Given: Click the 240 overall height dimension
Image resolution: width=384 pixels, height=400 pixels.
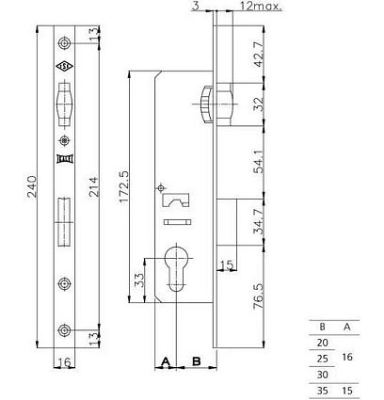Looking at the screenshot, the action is pos(32,186).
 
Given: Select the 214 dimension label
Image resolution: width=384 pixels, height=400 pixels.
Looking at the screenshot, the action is pos(93,187).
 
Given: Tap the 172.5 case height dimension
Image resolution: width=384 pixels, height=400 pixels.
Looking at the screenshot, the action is pos(125,187).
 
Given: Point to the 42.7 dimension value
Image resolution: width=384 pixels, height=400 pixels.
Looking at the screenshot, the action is pos(259,54).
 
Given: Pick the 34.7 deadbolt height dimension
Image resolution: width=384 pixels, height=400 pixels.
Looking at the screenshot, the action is pos(259,221).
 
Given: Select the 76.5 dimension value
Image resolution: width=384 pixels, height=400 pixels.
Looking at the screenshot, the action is pos(259,296).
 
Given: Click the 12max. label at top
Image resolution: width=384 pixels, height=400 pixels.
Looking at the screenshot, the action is pos(261,6).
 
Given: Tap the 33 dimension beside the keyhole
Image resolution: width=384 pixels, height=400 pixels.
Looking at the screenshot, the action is pos(138,280).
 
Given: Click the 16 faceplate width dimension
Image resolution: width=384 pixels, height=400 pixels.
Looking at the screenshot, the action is pos(64,362).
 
